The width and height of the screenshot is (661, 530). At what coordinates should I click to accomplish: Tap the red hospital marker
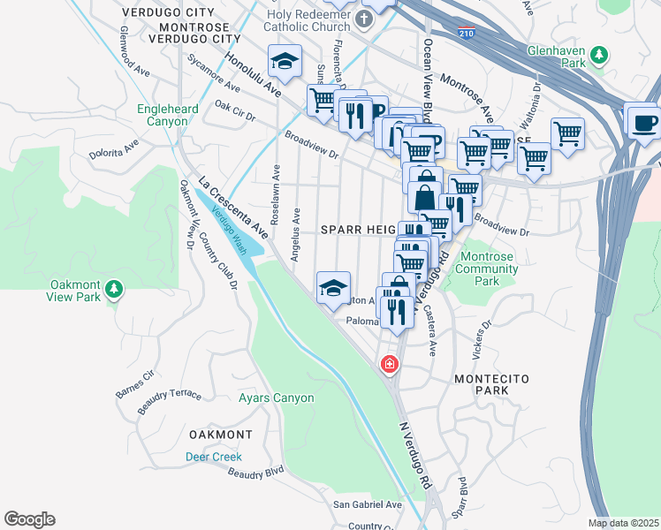point(388,364)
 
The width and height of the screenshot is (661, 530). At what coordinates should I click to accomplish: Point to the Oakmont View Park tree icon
point(113,289)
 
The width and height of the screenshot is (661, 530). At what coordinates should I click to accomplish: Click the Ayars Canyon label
point(276,398)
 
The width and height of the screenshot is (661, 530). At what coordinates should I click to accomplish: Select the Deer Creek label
point(213,457)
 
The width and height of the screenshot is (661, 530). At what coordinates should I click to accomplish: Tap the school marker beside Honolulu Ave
point(285,61)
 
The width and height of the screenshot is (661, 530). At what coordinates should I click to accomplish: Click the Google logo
point(29,519)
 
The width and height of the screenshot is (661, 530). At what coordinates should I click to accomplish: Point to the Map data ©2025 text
point(622,523)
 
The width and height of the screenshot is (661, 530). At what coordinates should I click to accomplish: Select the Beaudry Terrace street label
point(171,400)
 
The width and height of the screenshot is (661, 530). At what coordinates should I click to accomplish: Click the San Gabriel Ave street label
point(367,504)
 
